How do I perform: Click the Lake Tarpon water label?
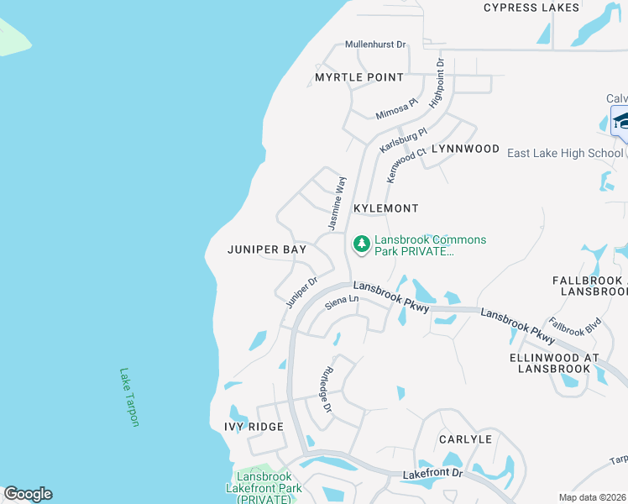128,397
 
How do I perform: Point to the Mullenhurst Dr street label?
375,45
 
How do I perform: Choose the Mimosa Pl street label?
396,108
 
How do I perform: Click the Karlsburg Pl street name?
403,139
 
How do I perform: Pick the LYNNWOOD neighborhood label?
465,149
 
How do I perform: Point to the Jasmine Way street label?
337,202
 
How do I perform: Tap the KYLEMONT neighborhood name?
385,207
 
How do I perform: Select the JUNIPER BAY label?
267,249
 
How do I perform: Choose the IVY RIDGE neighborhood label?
254,427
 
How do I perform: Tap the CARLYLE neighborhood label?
465,439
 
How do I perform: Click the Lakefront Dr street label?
432,474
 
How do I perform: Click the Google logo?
28,494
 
